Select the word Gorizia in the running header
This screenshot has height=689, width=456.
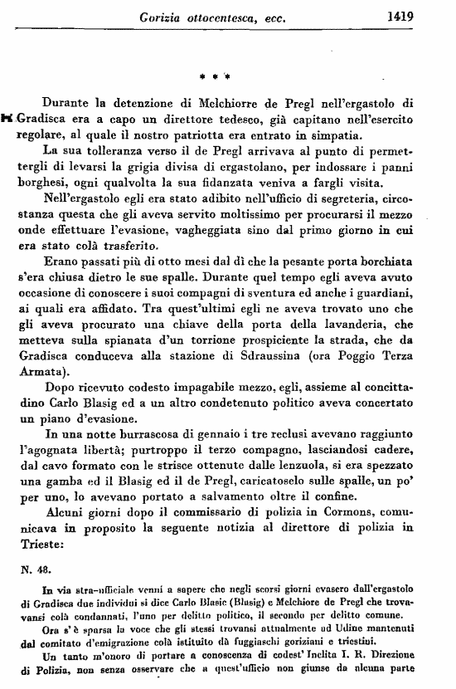(x=165, y=15)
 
